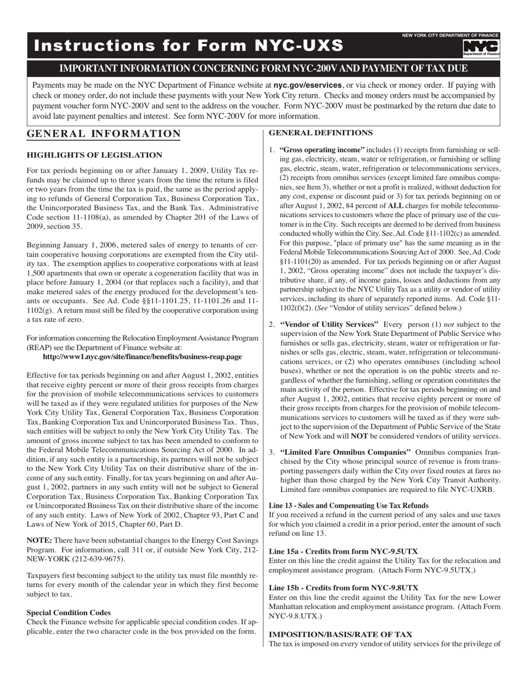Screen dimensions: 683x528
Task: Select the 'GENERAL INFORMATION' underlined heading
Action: coord(104,134)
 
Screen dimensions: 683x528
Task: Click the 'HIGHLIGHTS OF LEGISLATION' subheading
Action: coord(94,155)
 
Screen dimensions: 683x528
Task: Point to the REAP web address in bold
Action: coord(142,356)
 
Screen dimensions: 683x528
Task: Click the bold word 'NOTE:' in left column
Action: coord(39,540)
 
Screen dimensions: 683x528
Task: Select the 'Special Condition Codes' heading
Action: coord(69,612)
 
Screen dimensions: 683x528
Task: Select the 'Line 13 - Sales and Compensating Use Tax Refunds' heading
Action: coord(348,505)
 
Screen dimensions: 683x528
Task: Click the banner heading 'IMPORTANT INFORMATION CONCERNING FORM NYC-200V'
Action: coord(263,68)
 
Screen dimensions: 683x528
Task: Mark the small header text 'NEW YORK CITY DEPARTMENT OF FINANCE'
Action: coord(450,35)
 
